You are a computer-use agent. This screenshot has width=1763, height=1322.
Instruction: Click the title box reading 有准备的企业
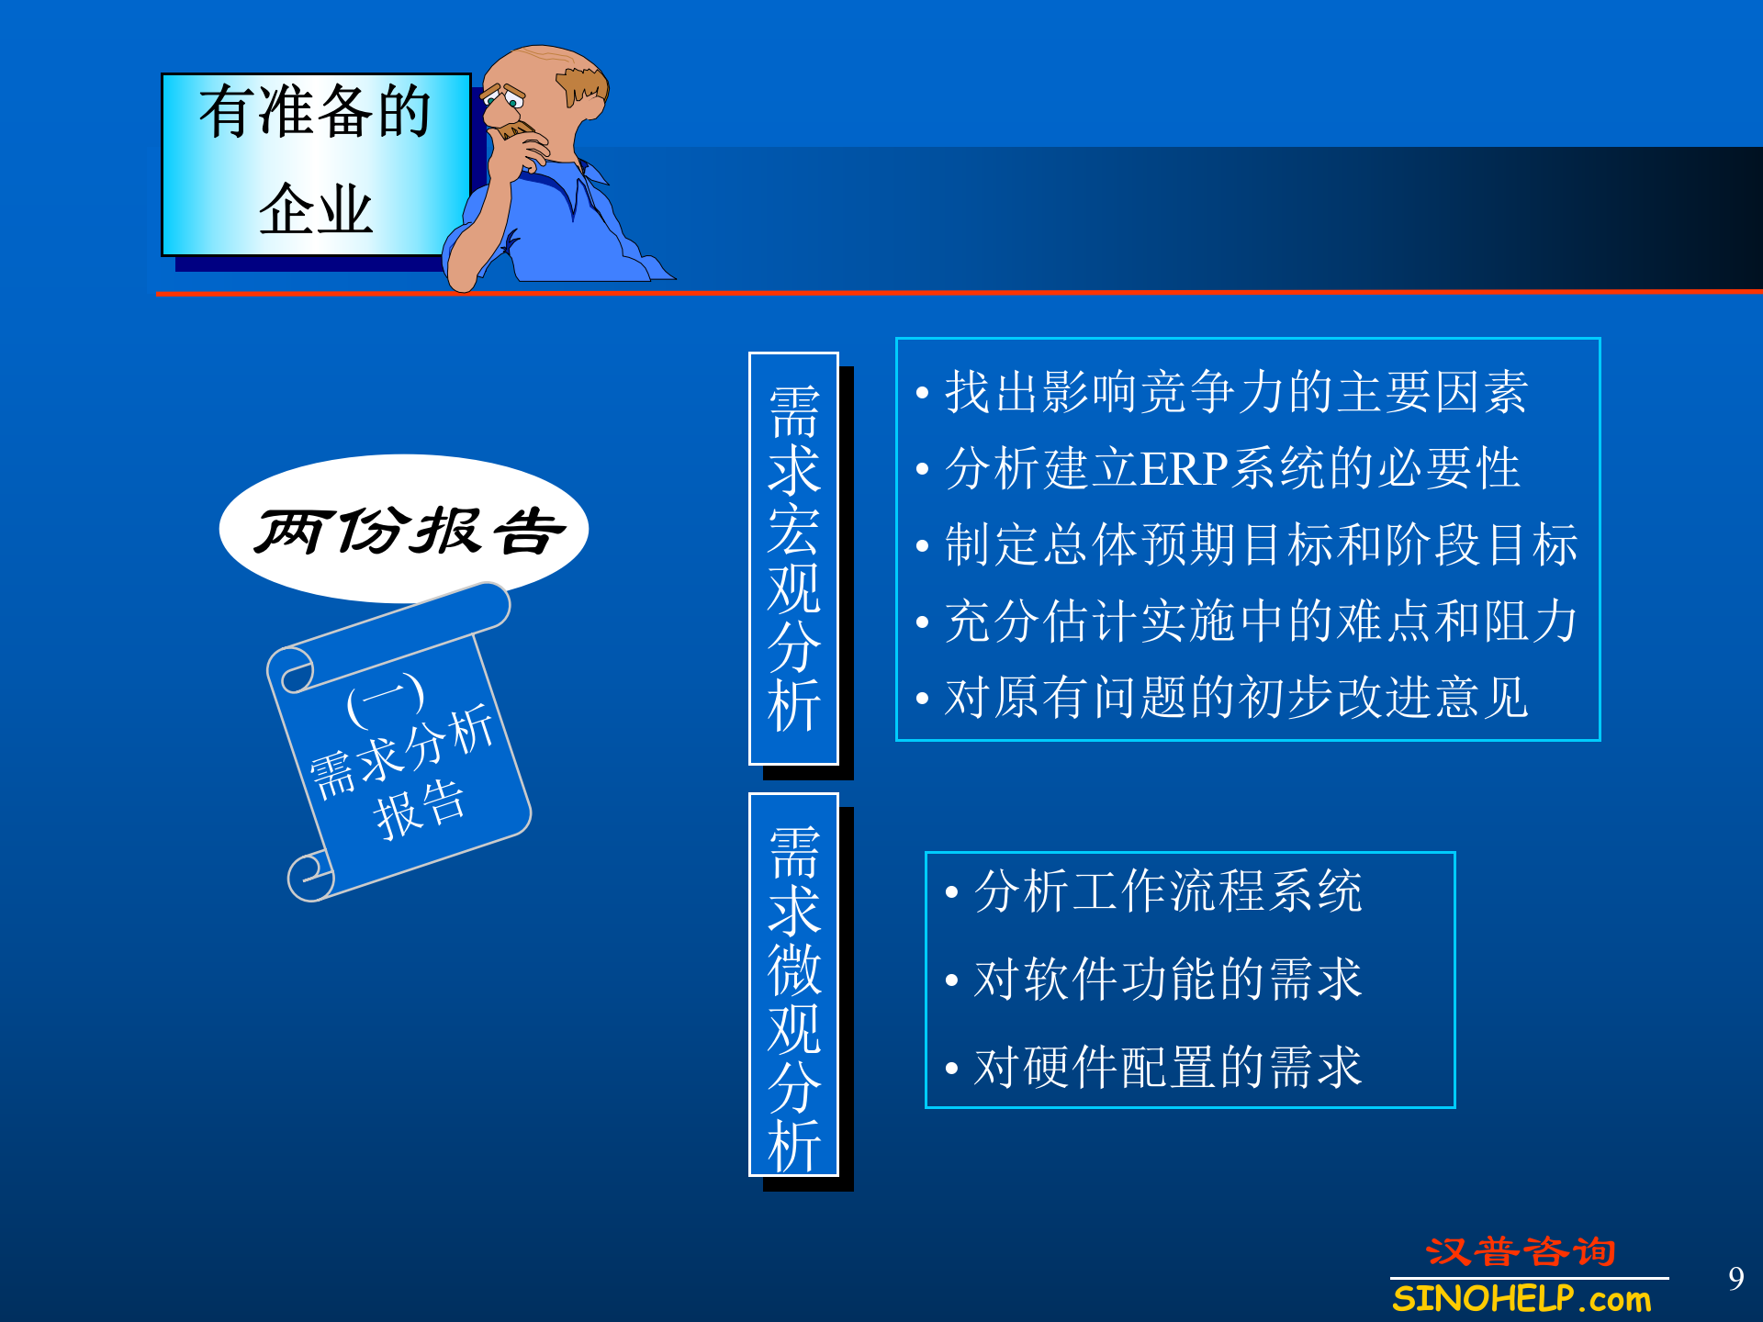pos(316,163)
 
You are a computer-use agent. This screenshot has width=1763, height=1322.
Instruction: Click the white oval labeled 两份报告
pos(404,530)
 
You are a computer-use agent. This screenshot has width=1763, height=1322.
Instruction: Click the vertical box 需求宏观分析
pos(794,558)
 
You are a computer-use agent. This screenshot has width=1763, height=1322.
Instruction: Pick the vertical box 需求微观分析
pos(794,984)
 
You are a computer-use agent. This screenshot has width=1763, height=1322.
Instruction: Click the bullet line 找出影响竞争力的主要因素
pos(1235,392)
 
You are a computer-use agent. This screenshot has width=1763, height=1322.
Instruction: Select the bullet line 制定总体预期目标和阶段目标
pos(1260,544)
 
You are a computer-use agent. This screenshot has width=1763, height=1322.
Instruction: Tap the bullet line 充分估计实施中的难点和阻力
pos(1260,622)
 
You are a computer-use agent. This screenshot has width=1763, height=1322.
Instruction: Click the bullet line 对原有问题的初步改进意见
pos(1235,698)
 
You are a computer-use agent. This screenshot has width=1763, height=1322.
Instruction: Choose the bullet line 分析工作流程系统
pos(1168,891)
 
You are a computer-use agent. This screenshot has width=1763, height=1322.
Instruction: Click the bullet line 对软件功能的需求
pos(1168,979)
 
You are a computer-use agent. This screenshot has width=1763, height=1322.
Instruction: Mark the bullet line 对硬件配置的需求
pos(1168,1067)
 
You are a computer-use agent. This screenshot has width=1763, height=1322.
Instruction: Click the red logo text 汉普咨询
pos(1520,1252)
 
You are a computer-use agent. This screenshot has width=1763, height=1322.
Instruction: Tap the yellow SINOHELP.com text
pos(1522,1299)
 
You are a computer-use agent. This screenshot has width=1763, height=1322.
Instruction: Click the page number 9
pos(1735,1278)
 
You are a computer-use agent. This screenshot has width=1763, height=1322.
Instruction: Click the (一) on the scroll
pos(386,700)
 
